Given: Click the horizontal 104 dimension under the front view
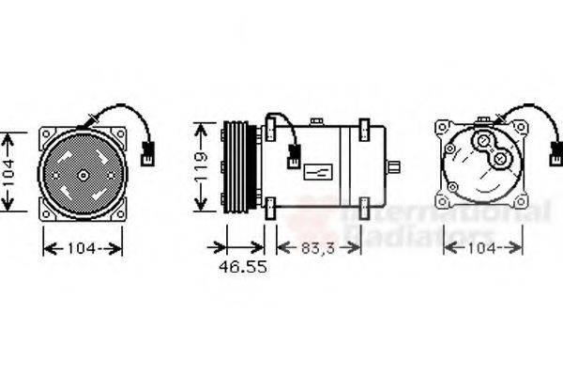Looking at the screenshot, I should pyautogui.click(x=83, y=248).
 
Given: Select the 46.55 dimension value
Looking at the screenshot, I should pyautogui.click(x=243, y=267).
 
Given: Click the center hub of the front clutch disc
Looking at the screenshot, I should pyautogui.click(x=83, y=175).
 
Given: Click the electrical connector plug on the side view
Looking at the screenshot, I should pyautogui.click(x=295, y=153).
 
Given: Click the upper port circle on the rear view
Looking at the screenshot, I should pyautogui.click(x=484, y=143).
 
